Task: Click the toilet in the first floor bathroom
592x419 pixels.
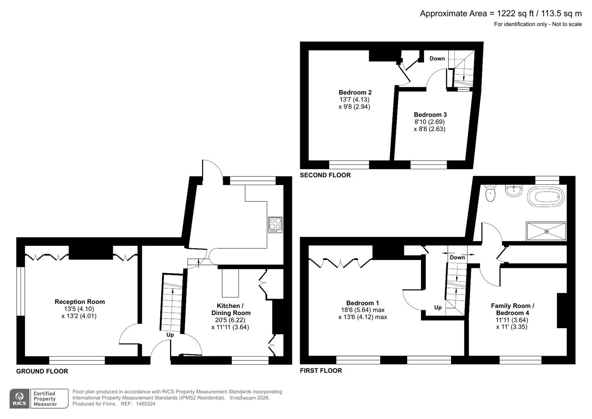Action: click(x=490, y=193)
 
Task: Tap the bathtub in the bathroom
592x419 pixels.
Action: click(x=545, y=197)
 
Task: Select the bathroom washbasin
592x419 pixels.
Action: click(x=514, y=191)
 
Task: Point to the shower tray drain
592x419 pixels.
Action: click(x=547, y=232)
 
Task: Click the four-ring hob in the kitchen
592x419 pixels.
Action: click(x=275, y=225)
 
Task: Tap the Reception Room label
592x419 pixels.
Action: click(x=79, y=301)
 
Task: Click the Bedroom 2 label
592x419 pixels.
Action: click(x=355, y=92)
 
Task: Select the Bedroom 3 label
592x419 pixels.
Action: click(x=430, y=114)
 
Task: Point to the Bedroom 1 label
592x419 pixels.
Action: click(x=362, y=303)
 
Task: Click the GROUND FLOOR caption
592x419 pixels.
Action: click(x=42, y=371)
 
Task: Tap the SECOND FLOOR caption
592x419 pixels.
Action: click(x=325, y=175)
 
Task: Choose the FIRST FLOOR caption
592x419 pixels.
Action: click(x=321, y=371)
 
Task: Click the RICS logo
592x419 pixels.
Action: click(x=19, y=398)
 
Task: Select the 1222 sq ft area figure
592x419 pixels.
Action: click(x=514, y=14)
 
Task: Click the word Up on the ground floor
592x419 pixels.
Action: click(x=170, y=335)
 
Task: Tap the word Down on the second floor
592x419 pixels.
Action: click(x=437, y=59)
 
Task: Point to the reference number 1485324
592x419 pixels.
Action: click(x=146, y=404)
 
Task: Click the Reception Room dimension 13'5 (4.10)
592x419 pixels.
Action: click(x=79, y=309)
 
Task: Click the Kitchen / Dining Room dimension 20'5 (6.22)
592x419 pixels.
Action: click(x=230, y=320)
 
